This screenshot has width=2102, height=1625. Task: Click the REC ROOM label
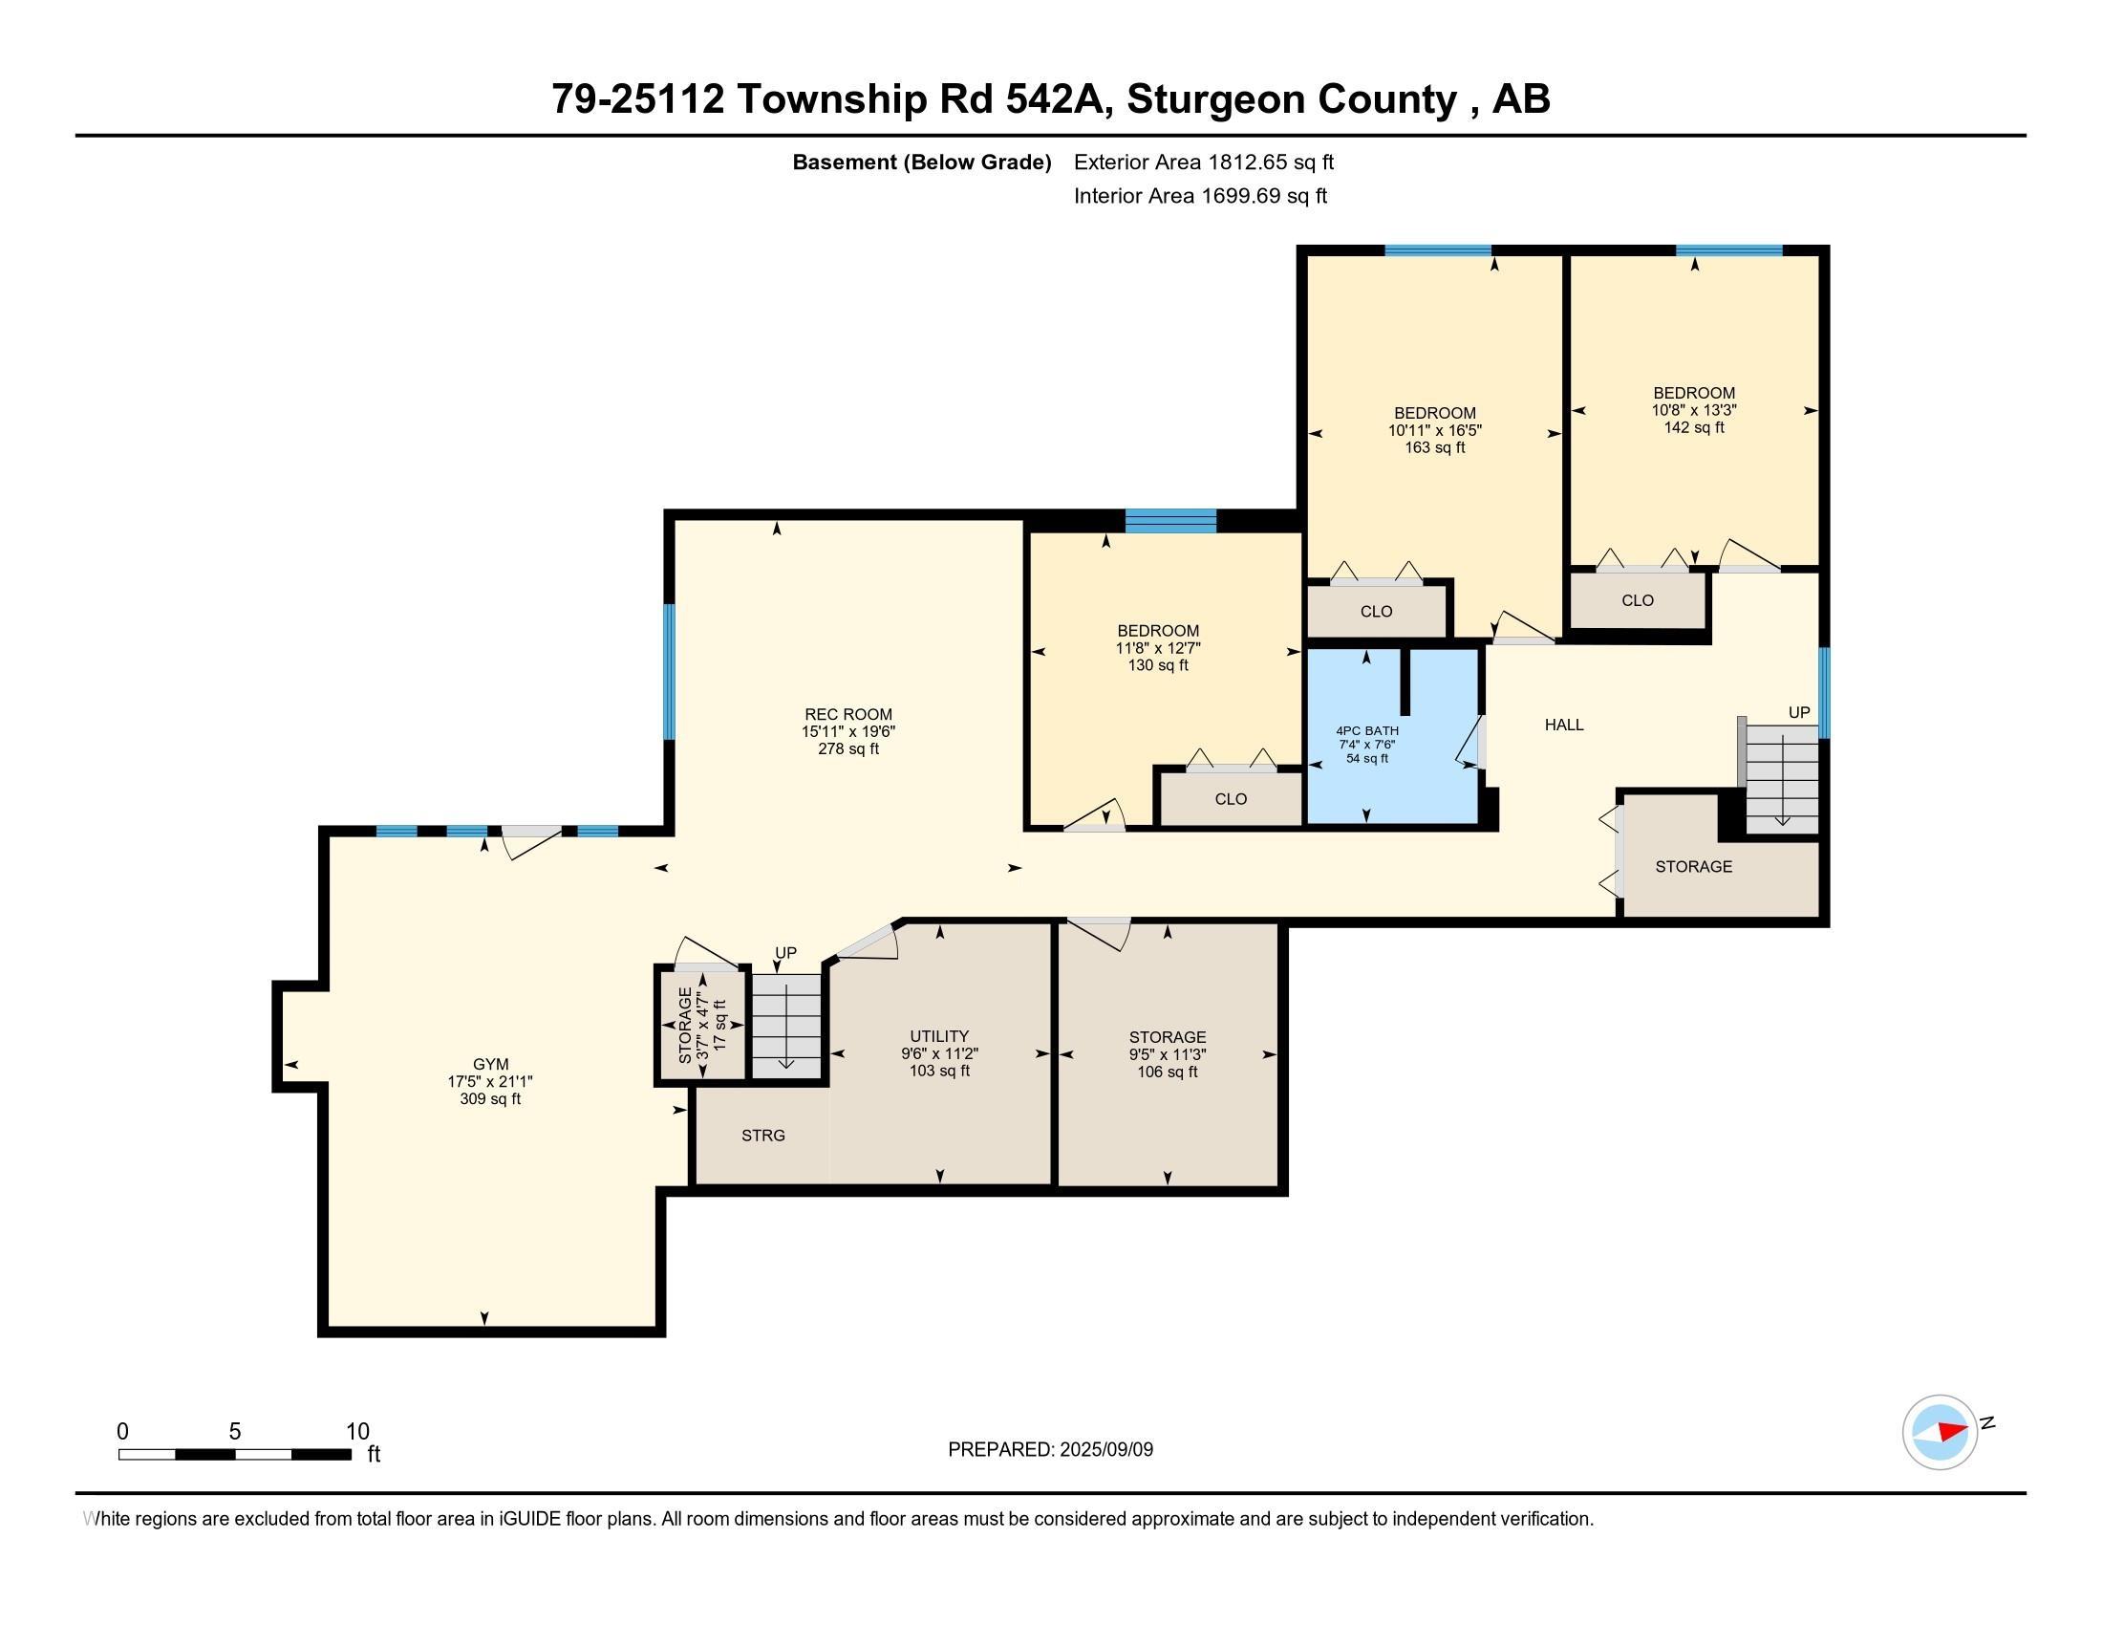(847, 714)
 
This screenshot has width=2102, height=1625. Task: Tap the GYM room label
(491, 1064)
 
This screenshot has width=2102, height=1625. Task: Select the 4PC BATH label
(1366, 730)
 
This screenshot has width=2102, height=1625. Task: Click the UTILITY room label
(939, 1037)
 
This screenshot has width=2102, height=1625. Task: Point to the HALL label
(1564, 725)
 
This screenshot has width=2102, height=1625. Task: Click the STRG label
(763, 1136)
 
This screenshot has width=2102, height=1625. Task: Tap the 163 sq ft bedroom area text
(1435, 447)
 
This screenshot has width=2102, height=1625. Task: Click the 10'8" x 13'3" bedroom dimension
(1694, 410)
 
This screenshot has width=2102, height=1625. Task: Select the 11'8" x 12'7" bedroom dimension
(1158, 648)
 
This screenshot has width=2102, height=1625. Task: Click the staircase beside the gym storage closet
(786, 1027)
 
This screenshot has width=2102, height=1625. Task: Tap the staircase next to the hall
(1782, 779)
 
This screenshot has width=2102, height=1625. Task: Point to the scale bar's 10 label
(357, 1431)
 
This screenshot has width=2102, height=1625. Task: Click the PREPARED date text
(1050, 1450)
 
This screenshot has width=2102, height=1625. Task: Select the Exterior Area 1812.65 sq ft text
(1203, 162)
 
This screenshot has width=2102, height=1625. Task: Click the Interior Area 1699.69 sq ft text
(1200, 195)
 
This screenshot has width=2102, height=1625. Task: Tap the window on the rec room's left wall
(669, 671)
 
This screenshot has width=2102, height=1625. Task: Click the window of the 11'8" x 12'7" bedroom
(1170, 521)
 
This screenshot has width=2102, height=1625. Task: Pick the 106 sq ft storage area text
(1168, 1072)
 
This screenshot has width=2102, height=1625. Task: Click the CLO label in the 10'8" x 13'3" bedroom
(1637, 600)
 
